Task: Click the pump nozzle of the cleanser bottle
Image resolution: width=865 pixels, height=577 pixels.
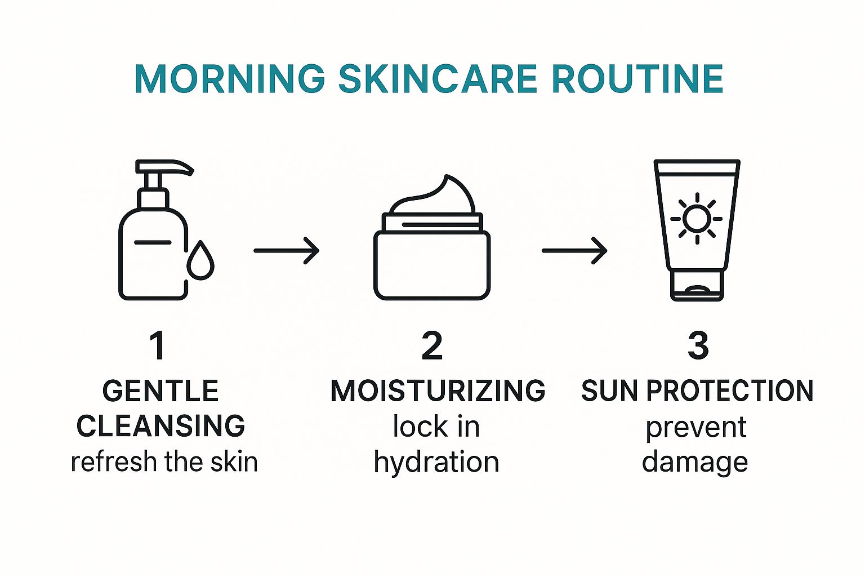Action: pos(169,167)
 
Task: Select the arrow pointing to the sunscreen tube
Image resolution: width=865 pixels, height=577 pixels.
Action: pos(574,250)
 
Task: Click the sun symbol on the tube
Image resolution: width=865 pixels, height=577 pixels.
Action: pos(697,219)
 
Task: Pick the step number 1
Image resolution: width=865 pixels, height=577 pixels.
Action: pos(158,345)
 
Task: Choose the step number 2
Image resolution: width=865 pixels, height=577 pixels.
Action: pos(432,345)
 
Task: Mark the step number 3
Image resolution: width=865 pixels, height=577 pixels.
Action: pos(698,345)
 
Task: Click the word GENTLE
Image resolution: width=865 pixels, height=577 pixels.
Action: pos(160,391)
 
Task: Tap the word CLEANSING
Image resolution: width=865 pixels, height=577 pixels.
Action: pos(160,426)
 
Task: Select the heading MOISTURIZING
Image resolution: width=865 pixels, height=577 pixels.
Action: pos(438,391)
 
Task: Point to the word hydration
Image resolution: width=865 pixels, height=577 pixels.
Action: pos(436,463)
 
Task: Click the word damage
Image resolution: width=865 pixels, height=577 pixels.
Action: pos(695,463)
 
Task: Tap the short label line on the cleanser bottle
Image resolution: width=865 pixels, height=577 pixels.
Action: pos(153,242)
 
